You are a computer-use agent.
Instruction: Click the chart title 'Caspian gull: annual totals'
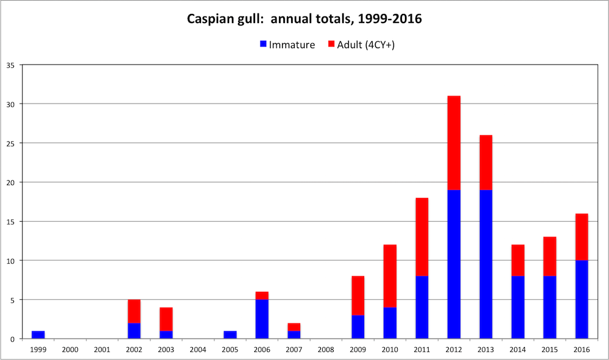304,19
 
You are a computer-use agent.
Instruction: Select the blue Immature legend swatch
263,44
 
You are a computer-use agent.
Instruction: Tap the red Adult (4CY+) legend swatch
331,44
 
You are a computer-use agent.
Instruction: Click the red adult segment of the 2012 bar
454,143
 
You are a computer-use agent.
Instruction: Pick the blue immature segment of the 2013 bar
485,264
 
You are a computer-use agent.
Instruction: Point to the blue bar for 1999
38,334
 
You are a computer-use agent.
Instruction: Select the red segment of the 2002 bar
134,311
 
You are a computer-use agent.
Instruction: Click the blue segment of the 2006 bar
262,319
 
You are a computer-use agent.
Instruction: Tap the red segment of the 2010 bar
390,276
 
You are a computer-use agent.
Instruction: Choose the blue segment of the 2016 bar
581,299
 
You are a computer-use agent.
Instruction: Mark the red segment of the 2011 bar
421,237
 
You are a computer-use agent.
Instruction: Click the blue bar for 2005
230,334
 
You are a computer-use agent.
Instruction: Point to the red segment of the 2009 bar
357,295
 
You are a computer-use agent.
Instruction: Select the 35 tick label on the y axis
11,65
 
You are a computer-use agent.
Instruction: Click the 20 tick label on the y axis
11,182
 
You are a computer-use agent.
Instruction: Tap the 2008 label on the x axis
326,349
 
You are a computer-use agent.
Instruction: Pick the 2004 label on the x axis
198,349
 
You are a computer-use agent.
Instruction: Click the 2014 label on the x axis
517,349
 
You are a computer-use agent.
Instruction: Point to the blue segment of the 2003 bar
166,334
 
